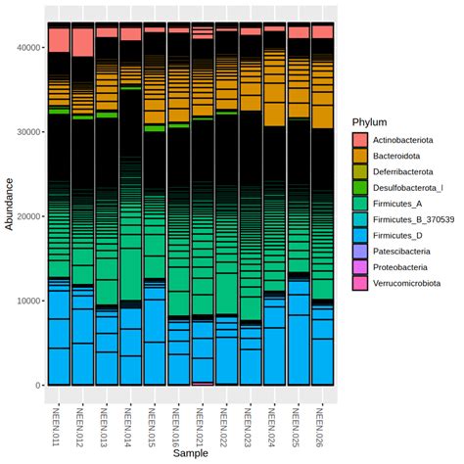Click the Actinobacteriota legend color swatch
[x=361, y=140]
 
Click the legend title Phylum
[x=371, y=121]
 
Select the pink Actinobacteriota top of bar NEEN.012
[x=83, y=42]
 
